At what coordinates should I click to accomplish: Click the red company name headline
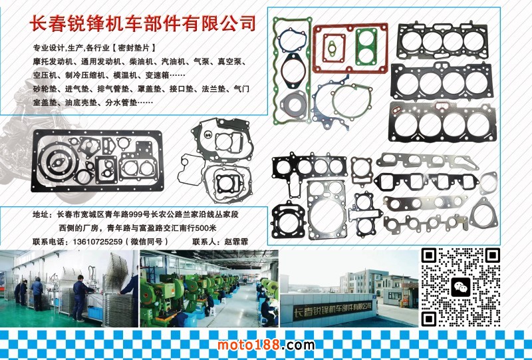point(142,23)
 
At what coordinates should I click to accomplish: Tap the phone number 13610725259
point(97,242)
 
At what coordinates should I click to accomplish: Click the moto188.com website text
point(265,345)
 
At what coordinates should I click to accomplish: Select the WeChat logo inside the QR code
point(461,287)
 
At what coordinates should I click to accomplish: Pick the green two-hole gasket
point(366,47)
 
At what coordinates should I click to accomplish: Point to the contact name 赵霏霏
point(236,242)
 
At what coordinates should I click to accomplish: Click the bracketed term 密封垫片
point(134,48)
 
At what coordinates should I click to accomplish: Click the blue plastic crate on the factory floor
point(94,313)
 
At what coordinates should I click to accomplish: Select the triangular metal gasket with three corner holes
point(483,214)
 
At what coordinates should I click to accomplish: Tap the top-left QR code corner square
point(428,255)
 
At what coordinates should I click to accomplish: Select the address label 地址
point(41,215)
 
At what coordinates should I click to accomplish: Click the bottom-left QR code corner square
point(428,319)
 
